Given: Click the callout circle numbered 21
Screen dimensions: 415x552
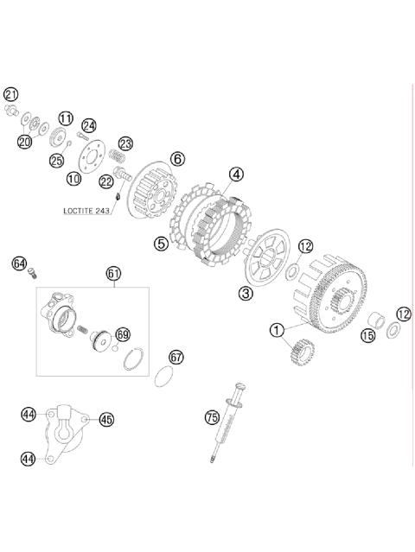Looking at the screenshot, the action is point(11,94).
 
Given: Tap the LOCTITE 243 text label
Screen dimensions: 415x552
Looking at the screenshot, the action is point(86,211).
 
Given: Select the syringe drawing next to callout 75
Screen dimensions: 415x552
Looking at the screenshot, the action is point(227,422).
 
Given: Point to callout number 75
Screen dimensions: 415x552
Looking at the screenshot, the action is point(212,417).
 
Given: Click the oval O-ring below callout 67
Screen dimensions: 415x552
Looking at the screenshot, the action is point(164,377).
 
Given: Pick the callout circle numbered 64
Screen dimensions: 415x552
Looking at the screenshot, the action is point(19,263).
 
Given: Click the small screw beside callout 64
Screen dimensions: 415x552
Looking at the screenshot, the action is point(32,273).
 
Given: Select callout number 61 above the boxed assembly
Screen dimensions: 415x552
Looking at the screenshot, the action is point(114,274).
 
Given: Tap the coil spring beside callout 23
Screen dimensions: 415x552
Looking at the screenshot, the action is point(116,156).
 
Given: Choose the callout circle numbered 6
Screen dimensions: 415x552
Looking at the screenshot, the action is point(177,159).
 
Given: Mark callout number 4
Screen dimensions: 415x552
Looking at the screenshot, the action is point(236,174).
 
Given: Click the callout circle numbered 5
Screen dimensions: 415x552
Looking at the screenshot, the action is point(161,244).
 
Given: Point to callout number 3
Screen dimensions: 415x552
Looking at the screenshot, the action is point(246,293).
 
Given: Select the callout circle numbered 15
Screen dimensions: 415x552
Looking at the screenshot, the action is point(367,335).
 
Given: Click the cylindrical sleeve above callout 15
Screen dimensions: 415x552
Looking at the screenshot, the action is point(375,320).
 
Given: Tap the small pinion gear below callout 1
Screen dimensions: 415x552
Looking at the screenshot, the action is point(303,352).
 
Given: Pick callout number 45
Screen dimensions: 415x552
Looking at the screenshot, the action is point(106,419).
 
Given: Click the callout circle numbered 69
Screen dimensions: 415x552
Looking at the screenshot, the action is point(123,335).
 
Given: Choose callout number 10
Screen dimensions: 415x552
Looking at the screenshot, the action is point(74,179).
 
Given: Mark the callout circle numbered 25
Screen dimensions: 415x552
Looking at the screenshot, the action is point(56,161).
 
